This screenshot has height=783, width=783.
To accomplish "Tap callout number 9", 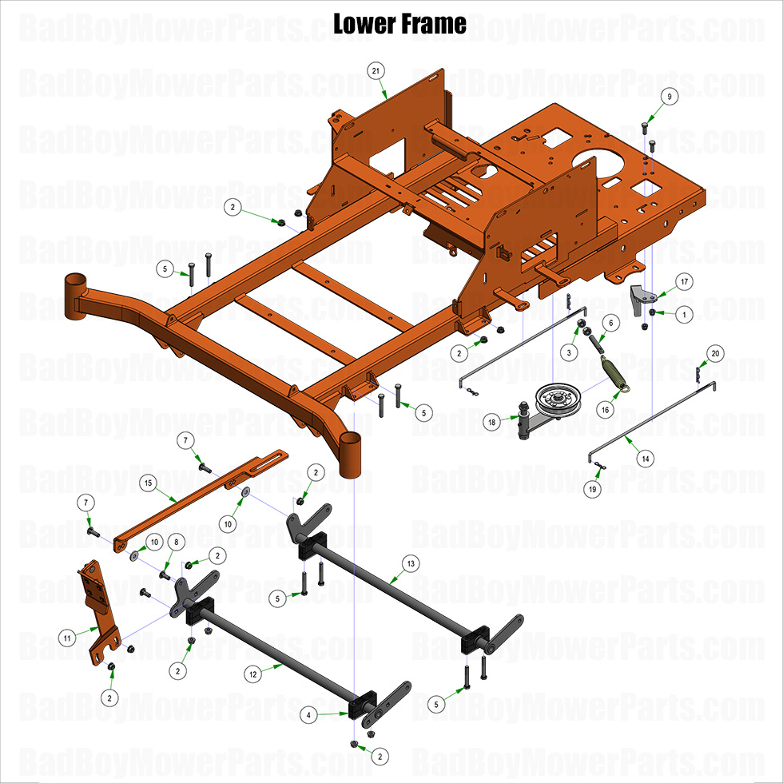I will (x=670, y=96).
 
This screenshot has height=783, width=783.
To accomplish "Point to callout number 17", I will (x=684, y=281).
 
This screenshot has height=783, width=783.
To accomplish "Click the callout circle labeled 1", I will (x=684, y=316).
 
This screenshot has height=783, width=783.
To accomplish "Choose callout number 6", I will (x=610, y=323).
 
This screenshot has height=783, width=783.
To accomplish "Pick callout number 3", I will (x=570, y=352).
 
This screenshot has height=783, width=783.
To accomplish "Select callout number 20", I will (x=715, y=352).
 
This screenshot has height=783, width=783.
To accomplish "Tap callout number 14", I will (x=645, y=459).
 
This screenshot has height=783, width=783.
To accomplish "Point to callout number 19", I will (x=591, y=490).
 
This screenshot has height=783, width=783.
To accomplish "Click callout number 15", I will (x=147, y=483).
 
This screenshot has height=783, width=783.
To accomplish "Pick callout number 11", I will (x=68, y=638).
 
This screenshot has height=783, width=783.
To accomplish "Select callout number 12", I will (x=253, y=674).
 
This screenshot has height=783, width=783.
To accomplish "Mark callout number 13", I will (x=410, y=563).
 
